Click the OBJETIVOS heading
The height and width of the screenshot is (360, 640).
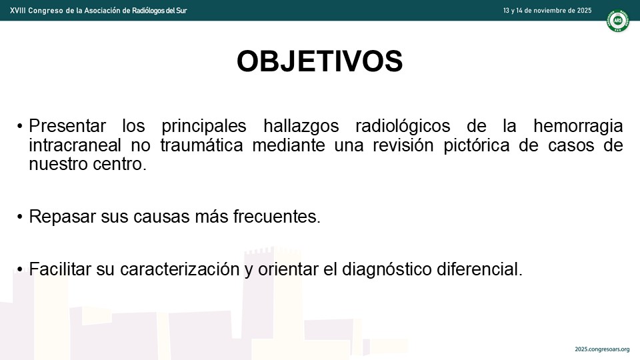[319, 61]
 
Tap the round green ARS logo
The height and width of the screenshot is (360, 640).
[617, 21]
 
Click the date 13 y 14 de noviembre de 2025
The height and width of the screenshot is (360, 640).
[547, 11]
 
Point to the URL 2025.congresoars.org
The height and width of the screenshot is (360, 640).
[602, 349]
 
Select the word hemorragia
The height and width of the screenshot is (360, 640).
[578, 127]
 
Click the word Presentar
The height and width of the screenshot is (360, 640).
[67, 126]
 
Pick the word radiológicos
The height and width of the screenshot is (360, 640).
[403, 127]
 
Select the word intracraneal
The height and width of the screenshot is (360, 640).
[75, 145]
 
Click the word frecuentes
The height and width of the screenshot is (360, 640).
[277, 217]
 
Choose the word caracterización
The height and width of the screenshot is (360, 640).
[179, 269]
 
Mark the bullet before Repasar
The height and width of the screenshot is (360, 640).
[19, 217]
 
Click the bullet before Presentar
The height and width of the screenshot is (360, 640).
[19, 127]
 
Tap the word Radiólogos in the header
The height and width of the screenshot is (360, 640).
[149, 11]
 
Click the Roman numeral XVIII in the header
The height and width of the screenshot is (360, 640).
[17, 11]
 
